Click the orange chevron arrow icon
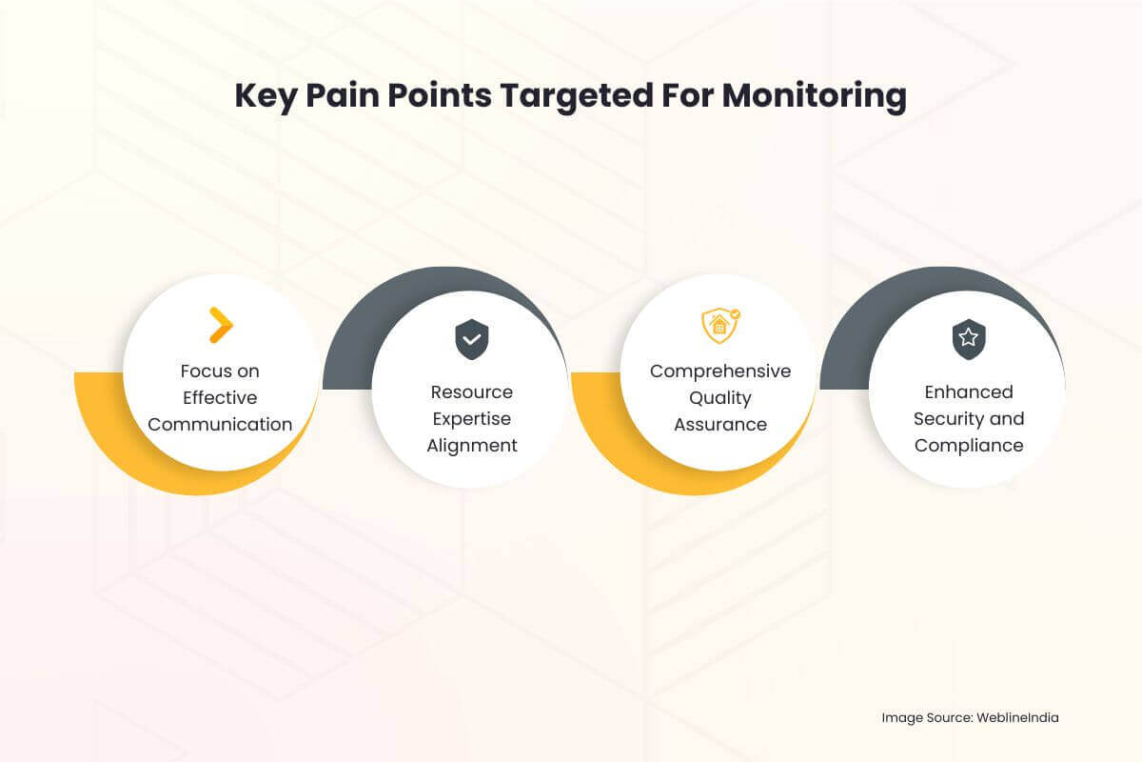point(221,325)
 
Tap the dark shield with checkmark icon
point(471,339)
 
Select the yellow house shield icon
point(720,326)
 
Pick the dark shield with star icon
point(969,339)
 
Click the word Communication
point(220,425)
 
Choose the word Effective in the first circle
point(220,398)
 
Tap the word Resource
point(471,392)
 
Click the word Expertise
point(471,419)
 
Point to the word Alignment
point(471,446)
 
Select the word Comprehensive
point(720,371)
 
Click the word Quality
point(720,398)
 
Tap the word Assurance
point(720,425)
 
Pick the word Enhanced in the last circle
point(969,392)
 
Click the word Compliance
point(969,446)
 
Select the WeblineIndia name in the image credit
point(1017,718)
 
